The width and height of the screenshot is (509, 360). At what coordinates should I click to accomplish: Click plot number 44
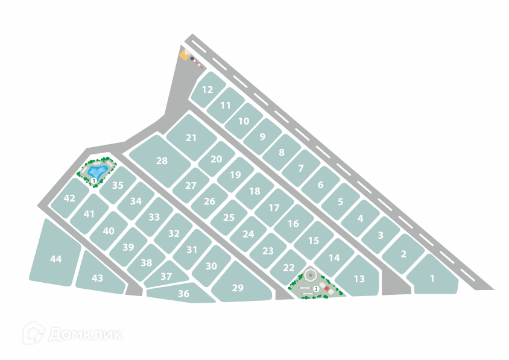coord(55,259)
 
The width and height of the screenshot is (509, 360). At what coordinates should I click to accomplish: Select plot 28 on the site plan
coord(161,160)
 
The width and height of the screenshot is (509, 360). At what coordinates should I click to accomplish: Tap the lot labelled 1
coord(432,278)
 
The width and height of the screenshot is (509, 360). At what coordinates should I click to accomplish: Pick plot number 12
coord(207,90)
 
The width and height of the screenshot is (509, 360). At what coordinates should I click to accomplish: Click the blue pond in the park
coord(96,171)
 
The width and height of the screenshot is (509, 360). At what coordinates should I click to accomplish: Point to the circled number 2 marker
coord(315,289)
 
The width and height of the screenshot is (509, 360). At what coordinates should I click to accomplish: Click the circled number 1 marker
coord(94,181)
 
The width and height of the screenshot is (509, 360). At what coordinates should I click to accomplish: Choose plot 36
coord(183,294)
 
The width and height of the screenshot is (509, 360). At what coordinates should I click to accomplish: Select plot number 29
coord(238,288)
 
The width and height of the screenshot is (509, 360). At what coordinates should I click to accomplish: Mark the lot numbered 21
coord(191,137)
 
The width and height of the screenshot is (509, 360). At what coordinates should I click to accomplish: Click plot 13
coord(359,279)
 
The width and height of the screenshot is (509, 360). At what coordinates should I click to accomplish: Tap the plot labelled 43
coord(98,278)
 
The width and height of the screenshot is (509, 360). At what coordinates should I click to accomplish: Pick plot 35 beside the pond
coord(118,186)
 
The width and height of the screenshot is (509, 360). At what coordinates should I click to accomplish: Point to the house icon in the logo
coord(33,333)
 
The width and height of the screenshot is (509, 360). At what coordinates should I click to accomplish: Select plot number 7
coord(300,169)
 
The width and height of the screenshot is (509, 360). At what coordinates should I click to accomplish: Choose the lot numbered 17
coord(274,207)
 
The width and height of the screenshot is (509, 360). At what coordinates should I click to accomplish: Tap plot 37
coord(166,276)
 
